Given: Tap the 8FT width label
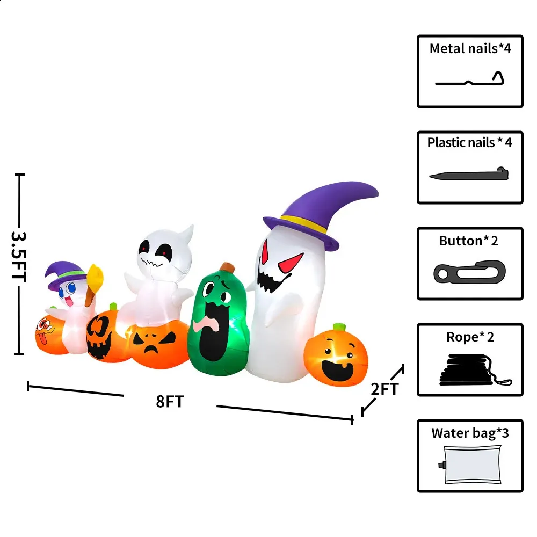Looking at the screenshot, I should [x=170, y=401].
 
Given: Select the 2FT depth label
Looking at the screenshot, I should [x=384, y=388].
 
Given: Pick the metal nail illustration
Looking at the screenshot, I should [x=470, y=81].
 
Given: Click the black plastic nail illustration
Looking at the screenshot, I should [x=469, y=175].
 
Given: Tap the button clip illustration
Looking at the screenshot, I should [x=469, y=272].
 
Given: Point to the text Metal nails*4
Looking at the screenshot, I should [x=470, y=48].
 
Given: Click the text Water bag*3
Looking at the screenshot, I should [x=470, y=433].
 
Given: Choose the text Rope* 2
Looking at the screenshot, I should [x=470, y=337].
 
